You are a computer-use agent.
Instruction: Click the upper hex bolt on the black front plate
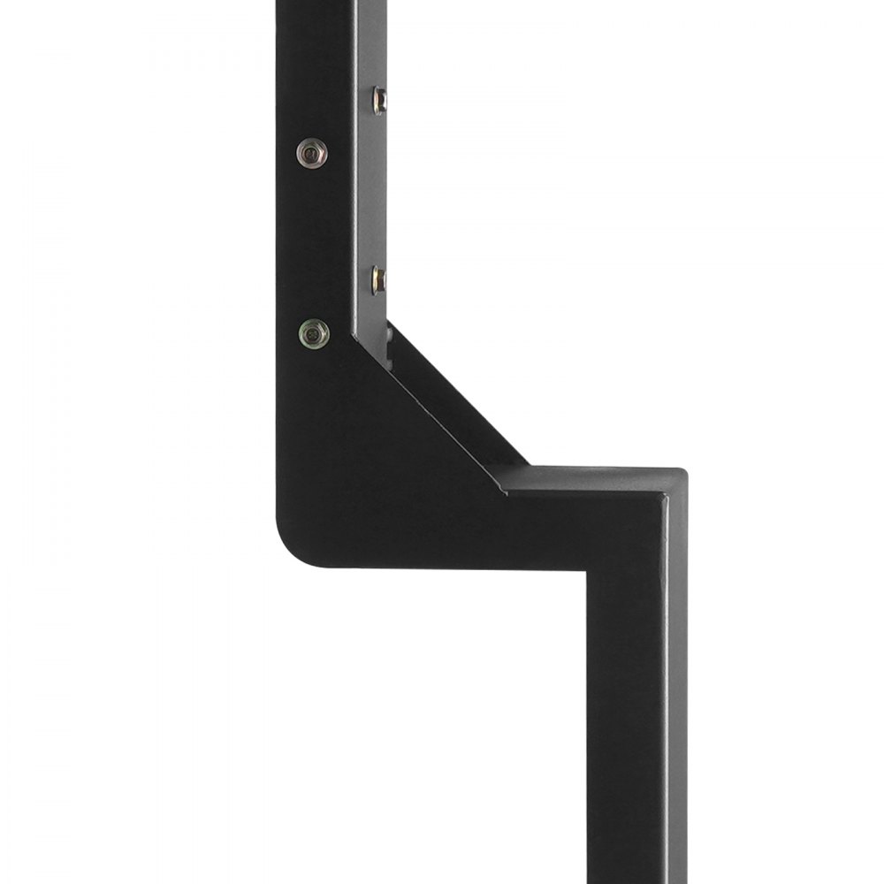pyautogui.click(x=311, y=153)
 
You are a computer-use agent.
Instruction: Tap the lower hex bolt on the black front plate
pyautogui.click(x=314, y=333)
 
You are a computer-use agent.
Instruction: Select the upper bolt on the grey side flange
pyautogui.click(x=378, y=100)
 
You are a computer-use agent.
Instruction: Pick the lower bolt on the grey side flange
pyautogui.click(x=378, y=280)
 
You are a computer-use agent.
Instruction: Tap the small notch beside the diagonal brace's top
pyautogui.click(x=389, y=340)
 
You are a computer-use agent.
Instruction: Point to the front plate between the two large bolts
pyautogui.click(x=312, y=243)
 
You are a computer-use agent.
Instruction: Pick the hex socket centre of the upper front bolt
pyautogui.click(x=310, y=154)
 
